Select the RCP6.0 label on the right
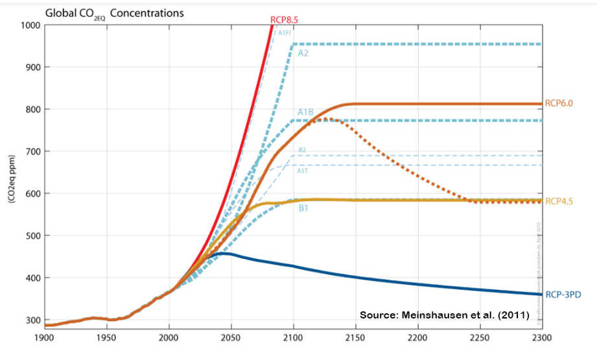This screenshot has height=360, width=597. (x=561, y=103)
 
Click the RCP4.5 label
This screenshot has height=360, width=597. (x=561, y=201)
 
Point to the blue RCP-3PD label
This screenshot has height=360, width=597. (x=563, y=294)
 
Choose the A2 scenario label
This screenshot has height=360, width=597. (x=303, y=53)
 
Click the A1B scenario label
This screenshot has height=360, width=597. (x=305, y=112)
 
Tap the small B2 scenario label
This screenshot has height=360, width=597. (x=302, y=150)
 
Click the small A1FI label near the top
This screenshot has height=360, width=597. (x=284, y=32)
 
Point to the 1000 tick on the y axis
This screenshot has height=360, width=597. (x=30, y=25)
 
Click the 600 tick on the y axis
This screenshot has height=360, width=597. (x=32, y=193)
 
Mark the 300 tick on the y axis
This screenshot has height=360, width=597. (x=32, y=320)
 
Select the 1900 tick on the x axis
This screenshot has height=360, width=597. (x=43, y=337)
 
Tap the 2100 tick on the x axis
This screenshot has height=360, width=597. (x=293, y=337)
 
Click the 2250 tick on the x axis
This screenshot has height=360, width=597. (x=480, y=337)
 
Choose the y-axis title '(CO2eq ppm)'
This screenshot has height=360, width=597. (x=12, y=178)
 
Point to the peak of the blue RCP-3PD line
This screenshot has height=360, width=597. (x=224, y=253)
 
